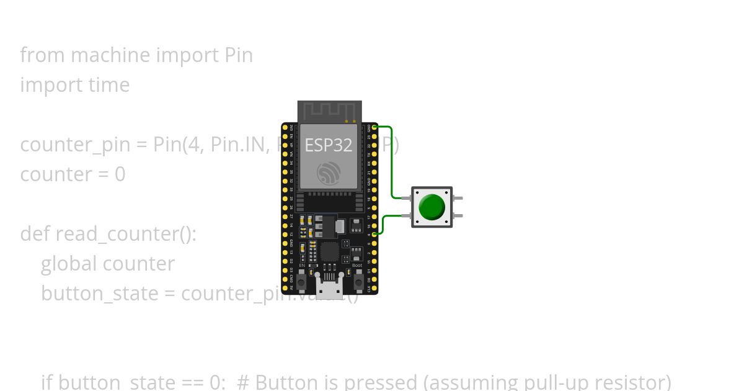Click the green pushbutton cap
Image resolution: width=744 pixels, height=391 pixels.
pos(432,207)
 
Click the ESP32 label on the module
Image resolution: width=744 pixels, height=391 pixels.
pos(328,145)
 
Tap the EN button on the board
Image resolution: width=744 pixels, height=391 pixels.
pos(301,282)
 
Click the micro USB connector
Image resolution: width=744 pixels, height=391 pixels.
pos(329,286)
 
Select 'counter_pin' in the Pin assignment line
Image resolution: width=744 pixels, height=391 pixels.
pos(76,145)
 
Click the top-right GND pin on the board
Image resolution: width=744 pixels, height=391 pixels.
pos(374,127)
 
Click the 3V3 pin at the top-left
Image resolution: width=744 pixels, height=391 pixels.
pos(285,127)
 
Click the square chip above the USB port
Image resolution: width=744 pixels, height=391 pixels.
pos(329,251)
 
